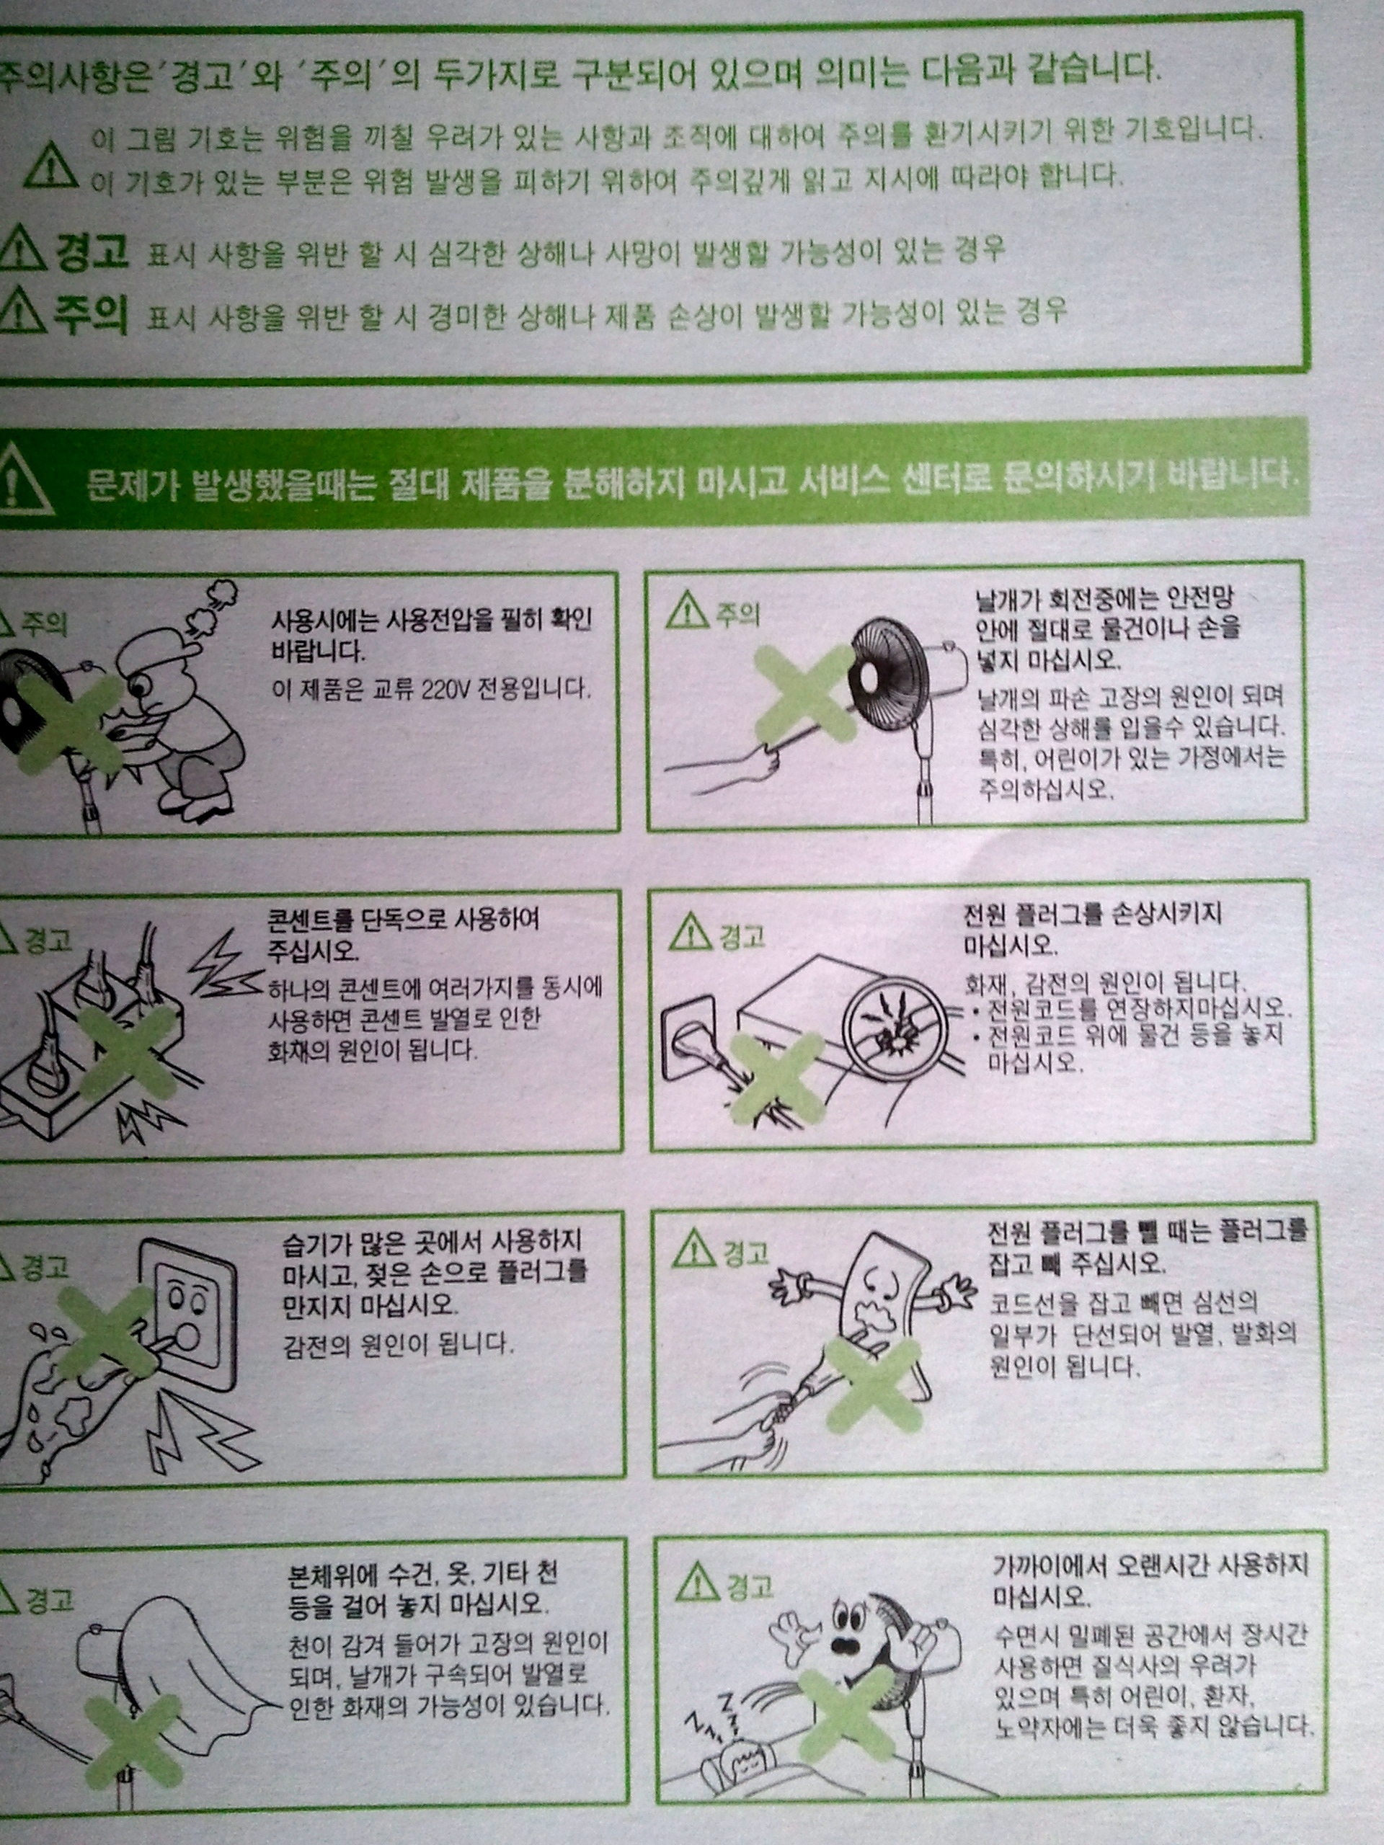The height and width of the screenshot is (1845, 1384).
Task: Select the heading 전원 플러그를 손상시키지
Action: [1093, 913]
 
